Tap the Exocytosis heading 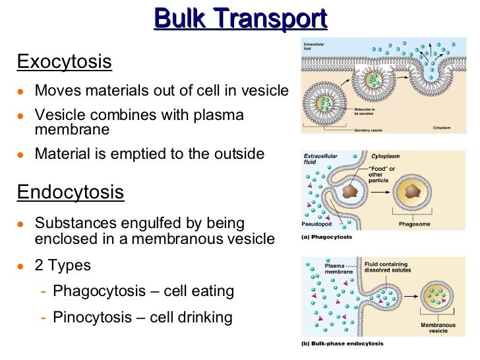pyautogui.click(x=64, y=63)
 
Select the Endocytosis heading pyautogui.click(x=71, y=192)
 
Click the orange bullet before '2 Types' pyautogui.click(x=22, y=266)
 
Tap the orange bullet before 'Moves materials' pyautogui.click(x=22, y=91)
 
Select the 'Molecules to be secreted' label pyautogui.click(x=365, y=111)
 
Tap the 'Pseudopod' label pyautogui.click(x=316, y=224)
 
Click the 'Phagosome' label pyautogui.click(x=414, y=224)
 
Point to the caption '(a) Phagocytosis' pyautogui.click(x=326, y=237)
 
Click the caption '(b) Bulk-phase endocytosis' pyautogui.click(x=342, y=344)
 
